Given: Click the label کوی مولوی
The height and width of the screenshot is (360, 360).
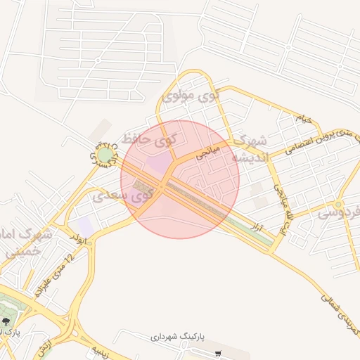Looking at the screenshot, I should (x=191, y=94).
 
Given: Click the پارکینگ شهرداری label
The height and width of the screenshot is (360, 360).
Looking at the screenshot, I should (x=176, y=337).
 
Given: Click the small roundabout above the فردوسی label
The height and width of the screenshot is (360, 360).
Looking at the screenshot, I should (x=340, y=205).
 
